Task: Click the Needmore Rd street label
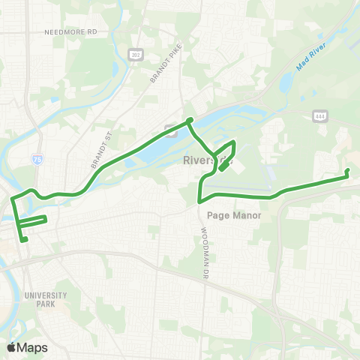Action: [71, 33]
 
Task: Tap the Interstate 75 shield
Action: [37, 159]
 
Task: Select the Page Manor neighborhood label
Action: [234, 215]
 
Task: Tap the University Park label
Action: [46, 298]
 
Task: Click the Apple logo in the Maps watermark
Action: [11, 346]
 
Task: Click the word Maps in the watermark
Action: [32, 346]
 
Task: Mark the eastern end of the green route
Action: [347, 172]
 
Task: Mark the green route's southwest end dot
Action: [25, 240]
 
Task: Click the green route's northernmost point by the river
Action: [190, 120]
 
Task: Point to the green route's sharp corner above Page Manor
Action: [199, 201]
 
